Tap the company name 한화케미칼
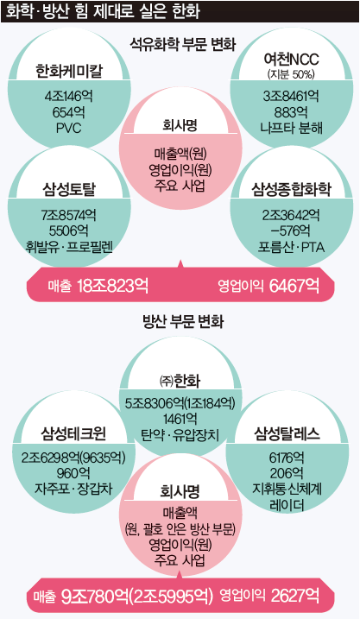tap(69, 71)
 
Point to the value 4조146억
tap(69, 97)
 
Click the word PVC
tap(69, 128)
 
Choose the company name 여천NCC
tap(291, 60)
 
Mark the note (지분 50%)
tap(291, 74)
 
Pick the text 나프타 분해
tap(291, 128)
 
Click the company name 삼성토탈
tap(69, 189)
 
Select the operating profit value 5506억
tap(69, 231)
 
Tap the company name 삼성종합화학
tap(291, 189)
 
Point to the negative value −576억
tap(291, 231)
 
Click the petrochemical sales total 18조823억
tap(113, 285)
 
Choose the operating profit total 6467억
tap(294, 285)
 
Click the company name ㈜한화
tap(180, 380)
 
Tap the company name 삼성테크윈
tap(74, 433)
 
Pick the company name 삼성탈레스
tap(287, 433)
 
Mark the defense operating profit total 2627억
tap(295, 595)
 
